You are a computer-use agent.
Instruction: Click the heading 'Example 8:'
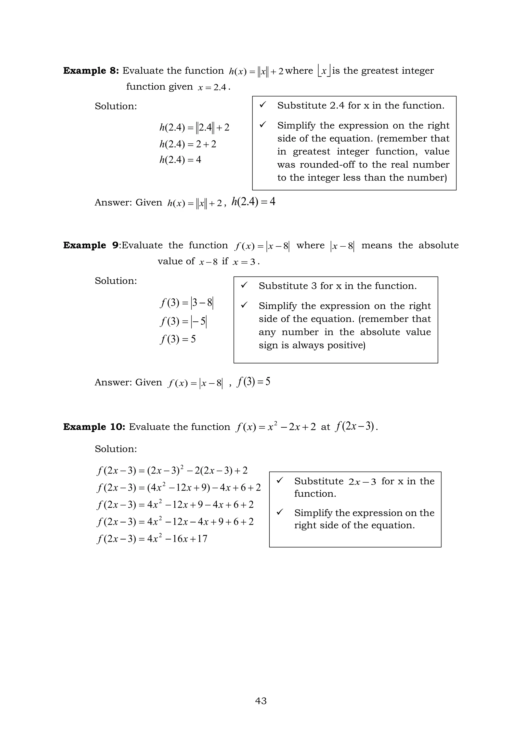pyautogui.click(x=91, y=71)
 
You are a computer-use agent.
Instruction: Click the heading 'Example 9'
pyautogui.click(x=91, y=245)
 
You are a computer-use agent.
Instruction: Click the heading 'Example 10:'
pyautogui.click(x=94, y=427)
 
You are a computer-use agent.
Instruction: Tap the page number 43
pyautogui.click(x=261, y=701)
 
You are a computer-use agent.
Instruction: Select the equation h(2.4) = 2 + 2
pyautogui.click(x=188, y=144)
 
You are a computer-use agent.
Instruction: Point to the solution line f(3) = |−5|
pyautogui.click(x=184, y=321)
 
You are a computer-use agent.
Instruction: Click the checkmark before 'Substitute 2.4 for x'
pyautogui.click(x=263, y=105)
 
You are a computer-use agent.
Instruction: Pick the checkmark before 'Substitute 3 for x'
pyautogui.click(x=244, y=285)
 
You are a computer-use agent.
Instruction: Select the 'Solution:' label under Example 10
pyautogui.click(x=116, y=449)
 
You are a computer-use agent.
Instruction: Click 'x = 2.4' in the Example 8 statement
pyautogui.click(x=213, y=87)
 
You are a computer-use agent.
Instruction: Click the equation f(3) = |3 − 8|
pyautogui.click(x=186, y=303)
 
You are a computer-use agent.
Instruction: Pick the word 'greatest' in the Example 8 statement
pyautogui.click(x=376, y=71)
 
